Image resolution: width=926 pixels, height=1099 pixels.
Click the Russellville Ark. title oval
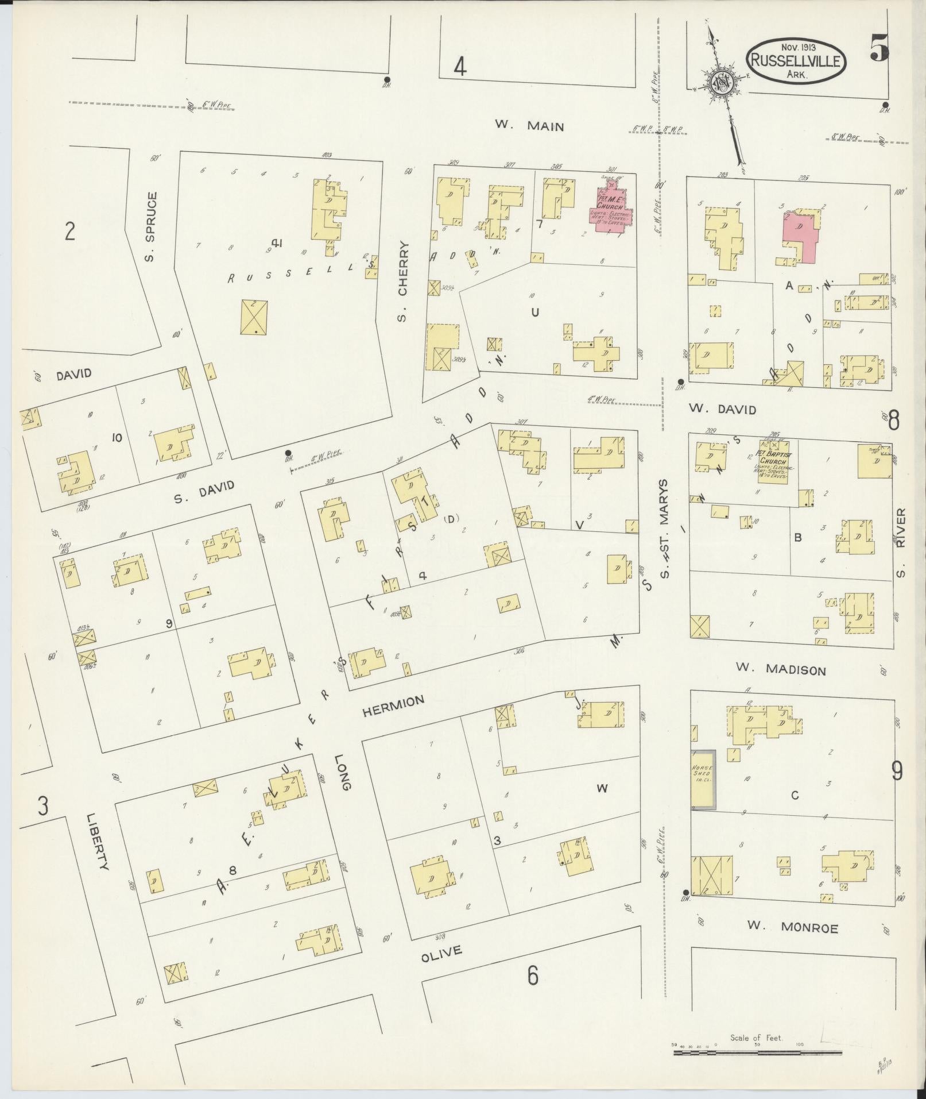click(796, 61)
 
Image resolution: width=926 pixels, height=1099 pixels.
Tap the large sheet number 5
click(879, 48)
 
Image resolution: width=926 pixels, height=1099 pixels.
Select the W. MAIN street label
click(529, 126)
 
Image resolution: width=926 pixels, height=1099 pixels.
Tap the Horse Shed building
click(703, 779)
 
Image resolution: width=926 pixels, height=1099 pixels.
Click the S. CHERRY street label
click(403, 281)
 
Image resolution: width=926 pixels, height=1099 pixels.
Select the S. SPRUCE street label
click(150, 227)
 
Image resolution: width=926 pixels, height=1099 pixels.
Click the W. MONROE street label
click(792, 927)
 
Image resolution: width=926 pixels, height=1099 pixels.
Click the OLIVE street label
click(441, 953)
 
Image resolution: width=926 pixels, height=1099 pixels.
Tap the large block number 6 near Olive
click(533, 975)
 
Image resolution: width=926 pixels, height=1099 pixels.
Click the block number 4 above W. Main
click(459, 68)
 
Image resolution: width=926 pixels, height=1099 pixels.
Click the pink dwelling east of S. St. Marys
click(801, 236)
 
